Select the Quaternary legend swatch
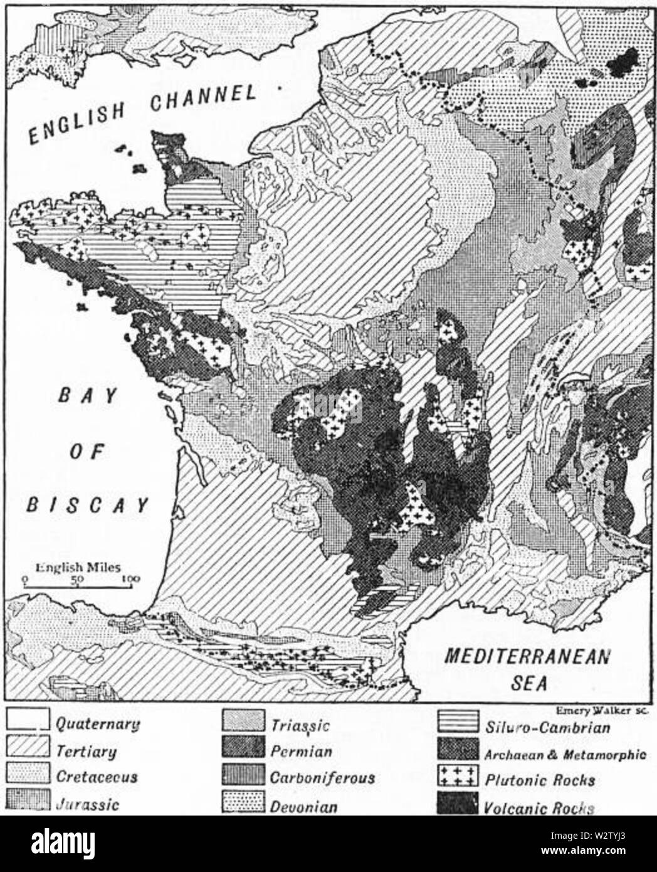(28, 720)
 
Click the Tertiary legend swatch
(28, 749)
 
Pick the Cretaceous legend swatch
(28, 777)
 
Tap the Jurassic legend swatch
(28, 803)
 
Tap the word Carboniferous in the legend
(322, 778)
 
